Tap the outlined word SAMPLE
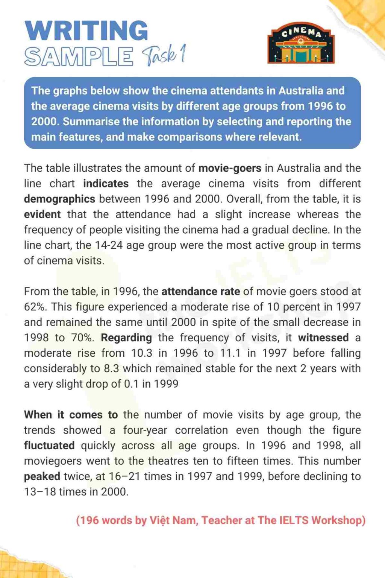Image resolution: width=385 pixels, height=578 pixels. pyautogui.click(x=79, y=56)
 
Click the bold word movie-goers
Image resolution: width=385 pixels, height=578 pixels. pyautogui.click(x=230, y=168)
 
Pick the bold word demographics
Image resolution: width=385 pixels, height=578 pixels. pyautogui.click(x=59, y=199)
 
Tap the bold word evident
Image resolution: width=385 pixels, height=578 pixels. pyautogui.click(x=42, y=214)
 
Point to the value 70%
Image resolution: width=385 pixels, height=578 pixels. pyautogui.click(x=82, y=338)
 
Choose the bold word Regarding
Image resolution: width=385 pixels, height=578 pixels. pyautogui.click(x=126, y=338)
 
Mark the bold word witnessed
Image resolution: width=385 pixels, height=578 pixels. pyautogui.click(x=323, y=338)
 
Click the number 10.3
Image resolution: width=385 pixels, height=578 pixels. pyautogui.click(x=141, y=353)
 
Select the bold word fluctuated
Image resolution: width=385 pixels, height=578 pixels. pyautogui.click(x=49, y=446)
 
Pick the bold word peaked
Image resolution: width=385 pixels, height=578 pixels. pyautogui.click(x=42, y=477)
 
